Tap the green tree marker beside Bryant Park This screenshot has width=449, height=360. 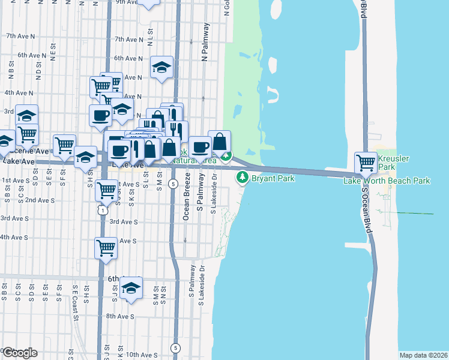pyautogui.click(x=243, y=177)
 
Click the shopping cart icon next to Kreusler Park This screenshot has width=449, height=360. pyautogui.click(x=366, y=162)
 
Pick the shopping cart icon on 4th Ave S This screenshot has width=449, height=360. pyautogui.click(x=106, y=247)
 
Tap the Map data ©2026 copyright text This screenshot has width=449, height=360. pyautogui.click(x=423, y=355)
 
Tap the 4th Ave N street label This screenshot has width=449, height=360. pyautogui.click(x=19, y=93)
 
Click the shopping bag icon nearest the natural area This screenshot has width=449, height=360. pyautogui.click(x=220, y=142)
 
